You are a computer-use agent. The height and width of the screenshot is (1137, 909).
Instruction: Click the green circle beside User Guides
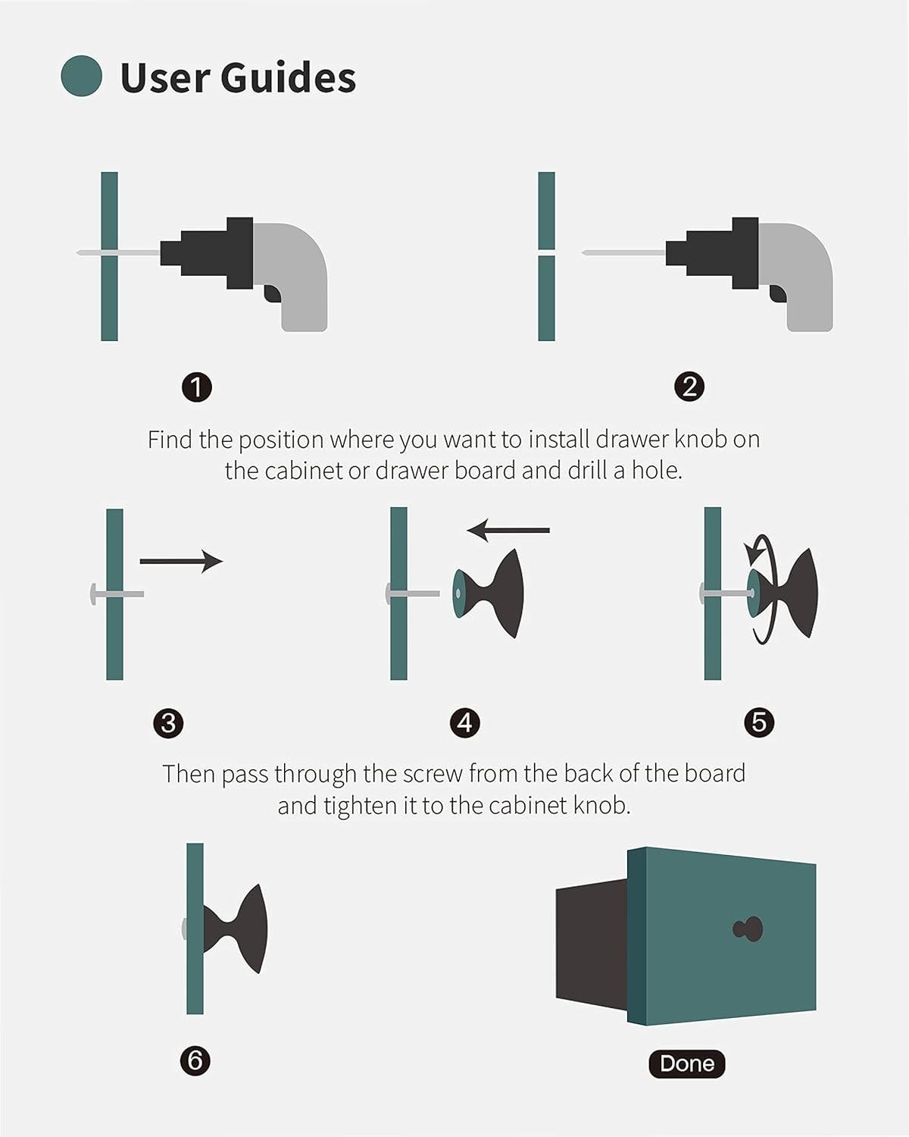click(x=81, y=76)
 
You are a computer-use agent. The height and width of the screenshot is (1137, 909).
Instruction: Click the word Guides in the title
click(x=288, y=77)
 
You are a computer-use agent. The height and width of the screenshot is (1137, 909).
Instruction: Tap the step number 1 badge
click(x=196, y=388)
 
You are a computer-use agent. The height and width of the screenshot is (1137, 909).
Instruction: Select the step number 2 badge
click(x=689, y=387)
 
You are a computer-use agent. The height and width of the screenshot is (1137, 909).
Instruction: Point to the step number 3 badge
click(x=168, y=723)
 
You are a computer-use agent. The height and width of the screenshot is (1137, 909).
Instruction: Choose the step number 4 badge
click(x=465, y=723)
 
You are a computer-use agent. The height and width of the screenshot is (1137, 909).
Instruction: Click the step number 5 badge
click(x=759, y=722)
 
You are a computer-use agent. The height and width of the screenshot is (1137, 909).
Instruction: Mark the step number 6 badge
click(x=195, y=1060)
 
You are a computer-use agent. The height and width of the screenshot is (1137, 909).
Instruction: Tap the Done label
click(x=686, y=1063)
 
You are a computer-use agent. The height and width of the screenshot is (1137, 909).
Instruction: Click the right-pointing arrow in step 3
click(x=181, y=561)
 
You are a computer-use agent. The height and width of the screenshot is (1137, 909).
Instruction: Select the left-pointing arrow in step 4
click(x=508, y=530)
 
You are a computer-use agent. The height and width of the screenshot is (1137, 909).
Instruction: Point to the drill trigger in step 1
click(x=273, y=293)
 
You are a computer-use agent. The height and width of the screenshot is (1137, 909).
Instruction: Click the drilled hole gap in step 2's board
click(x=546, y=253)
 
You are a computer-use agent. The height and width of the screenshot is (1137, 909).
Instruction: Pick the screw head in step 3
click(x=93, y=594)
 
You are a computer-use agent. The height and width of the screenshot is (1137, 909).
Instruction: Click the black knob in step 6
click(x=236, y=929)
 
